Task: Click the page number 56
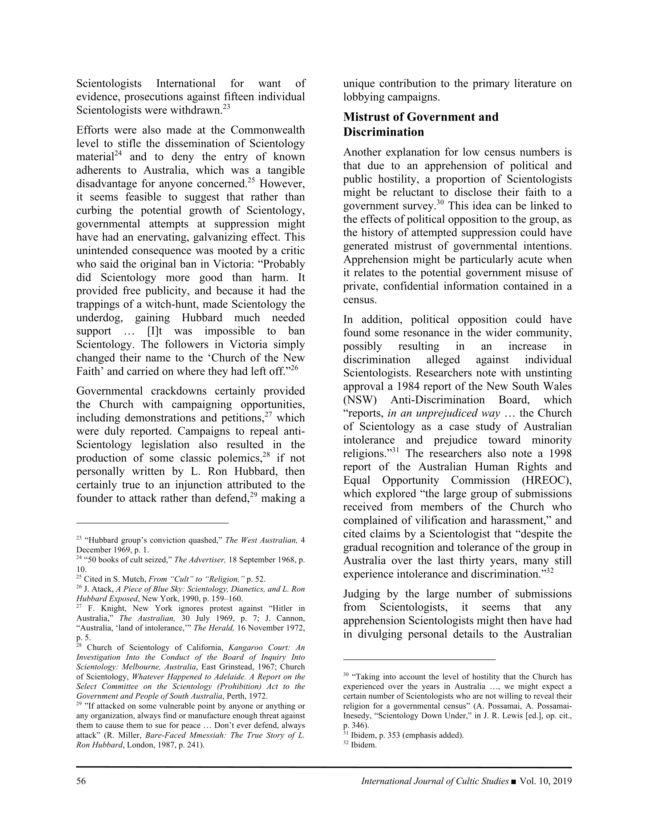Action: [81, 781]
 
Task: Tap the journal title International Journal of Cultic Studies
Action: [435, 781]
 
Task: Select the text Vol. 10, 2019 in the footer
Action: [546, 781]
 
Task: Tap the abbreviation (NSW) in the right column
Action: [360, 400]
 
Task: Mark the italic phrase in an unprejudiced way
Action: [444, 414]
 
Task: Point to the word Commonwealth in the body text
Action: [267, 130]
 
